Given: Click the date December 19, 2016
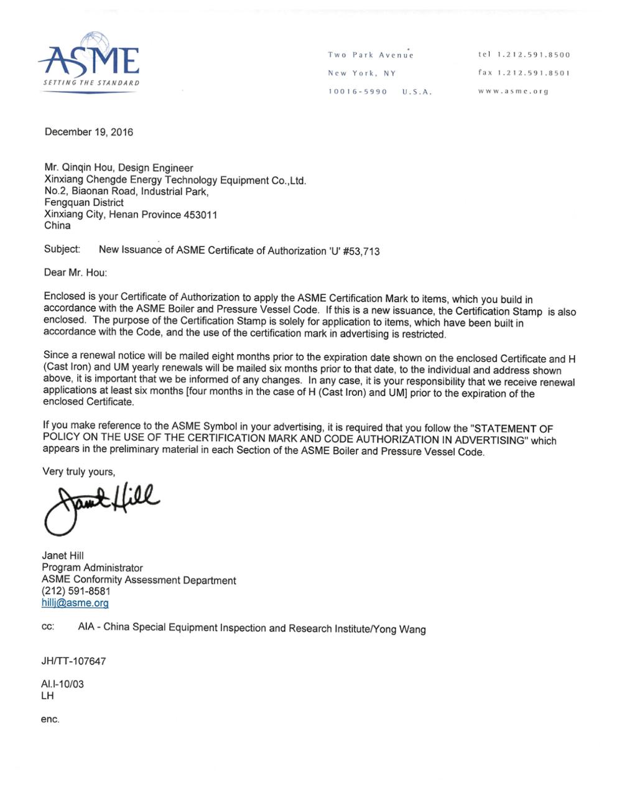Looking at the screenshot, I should (88, 132).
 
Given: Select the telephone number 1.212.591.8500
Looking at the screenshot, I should (532, 55).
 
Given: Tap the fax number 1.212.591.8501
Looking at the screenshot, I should (532, 73).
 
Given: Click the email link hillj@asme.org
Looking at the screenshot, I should (75, 603).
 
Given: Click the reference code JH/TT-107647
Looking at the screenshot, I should (73, 661).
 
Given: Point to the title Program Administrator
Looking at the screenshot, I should (92, 567).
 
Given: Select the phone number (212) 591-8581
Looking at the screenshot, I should (76, 591).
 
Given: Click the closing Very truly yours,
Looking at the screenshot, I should (78, 472).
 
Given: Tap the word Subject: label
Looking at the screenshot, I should (62, 249).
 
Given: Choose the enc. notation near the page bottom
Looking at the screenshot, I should (50, 719).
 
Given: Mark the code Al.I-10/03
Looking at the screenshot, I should (62, 684).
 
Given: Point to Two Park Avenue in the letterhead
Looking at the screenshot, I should (371, 55).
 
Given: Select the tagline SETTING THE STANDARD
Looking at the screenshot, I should (91, 83).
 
